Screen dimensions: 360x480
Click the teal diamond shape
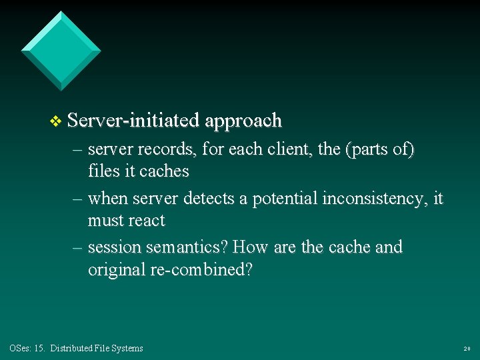click(61, 50)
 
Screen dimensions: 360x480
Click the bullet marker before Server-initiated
click(56, 121)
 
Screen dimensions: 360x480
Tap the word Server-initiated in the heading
click(133, 121)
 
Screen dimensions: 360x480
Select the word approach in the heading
click(244, 121)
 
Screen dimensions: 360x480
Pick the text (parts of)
click(379, 150)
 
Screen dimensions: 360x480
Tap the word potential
click(287, 199)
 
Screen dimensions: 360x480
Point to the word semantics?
click(187, 247)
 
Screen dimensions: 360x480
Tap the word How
click(251, 247)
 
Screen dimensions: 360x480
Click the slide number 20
click(467, 349)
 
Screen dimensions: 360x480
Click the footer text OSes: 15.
click(27, 348)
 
